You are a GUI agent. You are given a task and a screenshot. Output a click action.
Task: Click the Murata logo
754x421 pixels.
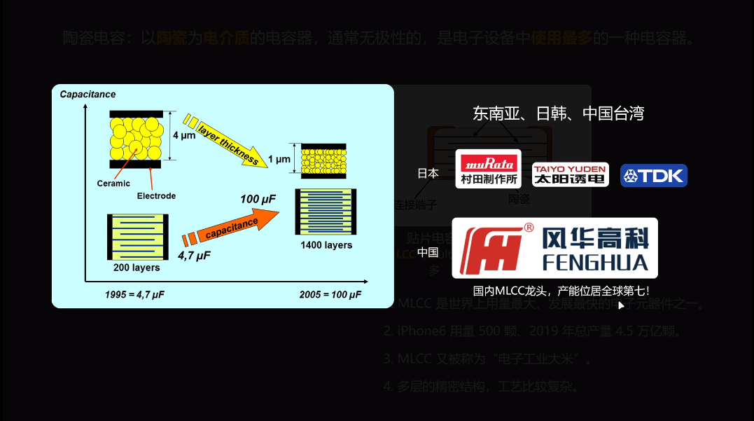pyautogui.click(x=489, y=169)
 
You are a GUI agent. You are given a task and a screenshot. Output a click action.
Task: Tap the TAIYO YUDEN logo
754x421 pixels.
pyautogui.click(x=570, y=174)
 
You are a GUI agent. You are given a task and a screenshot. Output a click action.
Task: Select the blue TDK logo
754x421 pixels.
pyautogui.click(x=654, y=175)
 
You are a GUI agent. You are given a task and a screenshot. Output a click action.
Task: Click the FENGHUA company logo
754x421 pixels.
pyautogui.click(x=554, y=248)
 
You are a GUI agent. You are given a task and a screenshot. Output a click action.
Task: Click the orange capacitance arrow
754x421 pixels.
pyautogui.click(x=231, y=226)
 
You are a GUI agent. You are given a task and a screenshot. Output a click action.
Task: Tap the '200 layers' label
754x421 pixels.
pyautogui.click(x=137, y=268)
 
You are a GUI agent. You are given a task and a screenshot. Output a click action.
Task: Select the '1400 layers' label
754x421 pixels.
pyautogui.click(x=326, y=245)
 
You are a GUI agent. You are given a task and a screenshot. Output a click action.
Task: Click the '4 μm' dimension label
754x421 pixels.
pyautogui.click(x=184, y=135)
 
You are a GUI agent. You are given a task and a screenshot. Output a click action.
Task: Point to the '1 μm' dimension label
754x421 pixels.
pyautogui.click(x=279, y=160)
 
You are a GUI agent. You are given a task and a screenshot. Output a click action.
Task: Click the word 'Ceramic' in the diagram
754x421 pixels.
pyautogui.click(x=113, y=184)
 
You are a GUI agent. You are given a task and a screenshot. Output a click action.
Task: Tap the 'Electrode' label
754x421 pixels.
pyautogui.click(x=156, y=196)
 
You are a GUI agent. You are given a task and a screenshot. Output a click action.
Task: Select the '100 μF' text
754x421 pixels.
pyautogui.click(x=258, y=200)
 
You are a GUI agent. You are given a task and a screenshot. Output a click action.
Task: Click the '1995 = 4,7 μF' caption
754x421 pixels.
pyautogui.click(x=134, y=294)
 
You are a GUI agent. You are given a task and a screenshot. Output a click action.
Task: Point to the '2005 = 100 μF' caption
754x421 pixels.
pyautogui.click(x=330, y=294)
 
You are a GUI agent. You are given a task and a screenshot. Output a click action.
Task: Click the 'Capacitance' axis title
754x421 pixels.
pyautogui.click(x=88, y=95)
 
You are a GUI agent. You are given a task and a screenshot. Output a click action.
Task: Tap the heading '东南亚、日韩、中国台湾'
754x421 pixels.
pyautogui.click(x=558, y=113)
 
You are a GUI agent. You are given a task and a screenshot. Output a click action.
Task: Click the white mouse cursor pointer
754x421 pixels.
pyautogui.click(x=621, y=305)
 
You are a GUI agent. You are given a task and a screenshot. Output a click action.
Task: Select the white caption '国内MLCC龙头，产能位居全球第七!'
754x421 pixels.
pyautogui.click(x=561, y=290)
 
